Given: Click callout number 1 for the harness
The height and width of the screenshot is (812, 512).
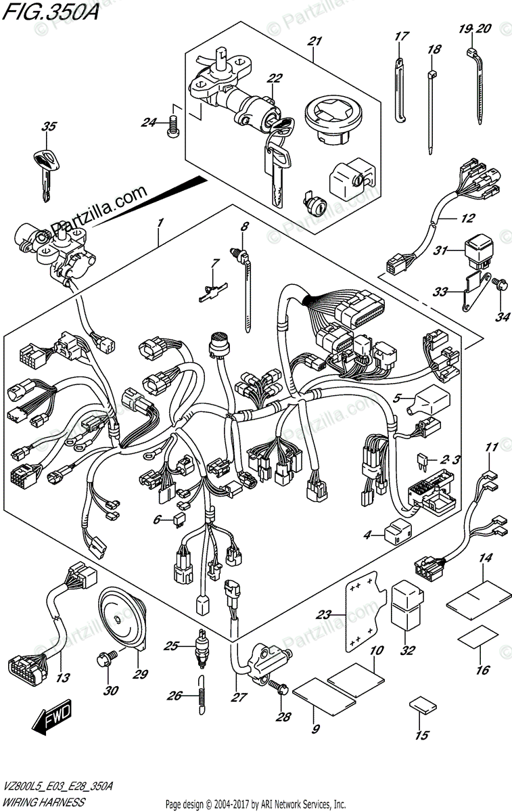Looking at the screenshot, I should coord(160,222).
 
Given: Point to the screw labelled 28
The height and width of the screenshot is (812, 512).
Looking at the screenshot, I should coord(279,687).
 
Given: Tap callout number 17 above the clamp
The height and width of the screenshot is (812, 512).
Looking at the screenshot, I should coord(399,35).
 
